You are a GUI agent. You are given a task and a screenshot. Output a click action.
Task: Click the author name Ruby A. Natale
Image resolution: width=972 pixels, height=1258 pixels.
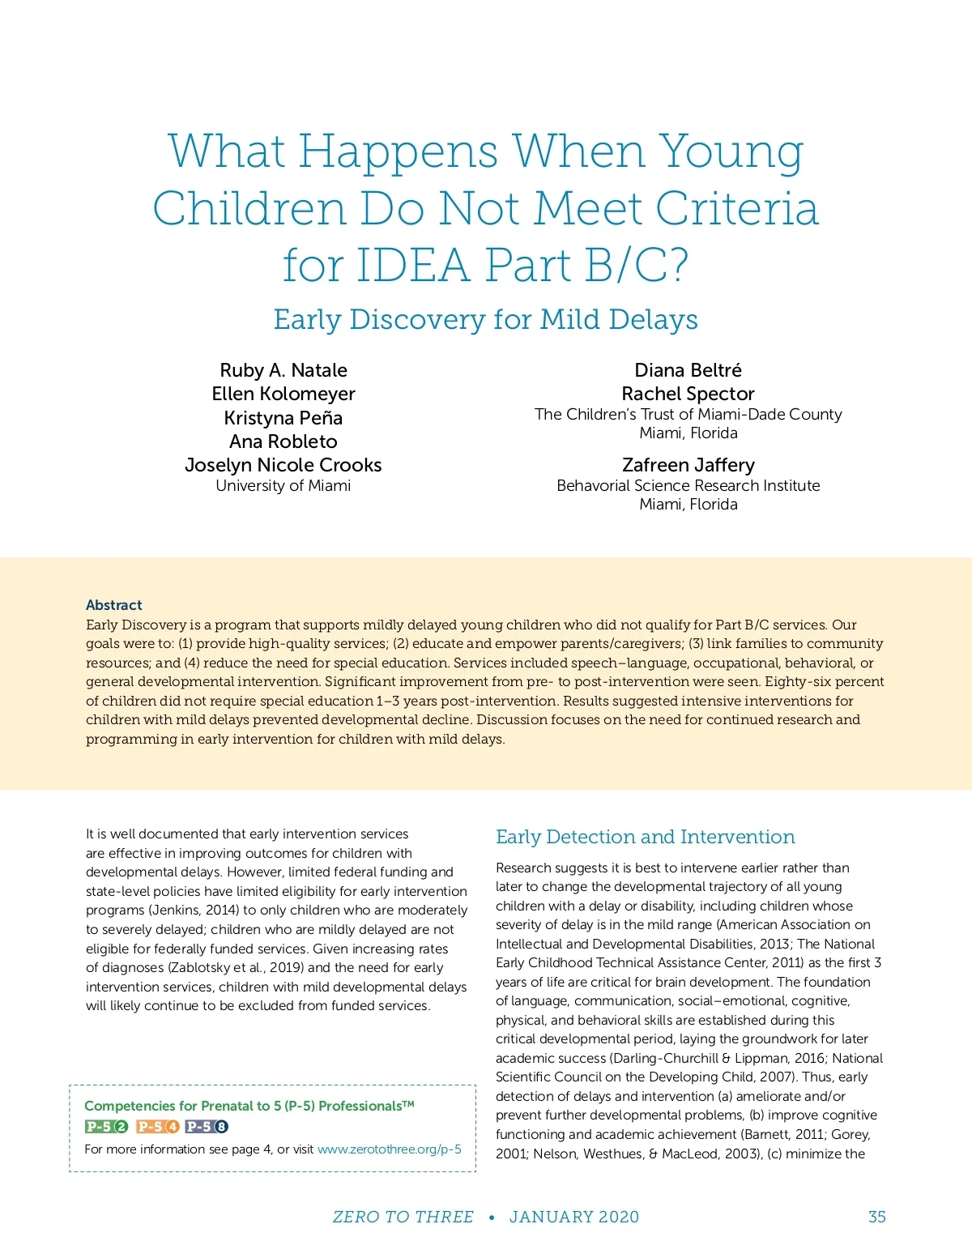[283, 370]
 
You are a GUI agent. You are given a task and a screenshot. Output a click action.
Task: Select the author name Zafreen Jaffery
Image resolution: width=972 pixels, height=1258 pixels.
[688, 465]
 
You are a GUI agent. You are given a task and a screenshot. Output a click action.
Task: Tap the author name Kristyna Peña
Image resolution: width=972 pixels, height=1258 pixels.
[283, 418]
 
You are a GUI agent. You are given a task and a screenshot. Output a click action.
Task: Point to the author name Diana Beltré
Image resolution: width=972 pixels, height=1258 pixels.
[688, 370]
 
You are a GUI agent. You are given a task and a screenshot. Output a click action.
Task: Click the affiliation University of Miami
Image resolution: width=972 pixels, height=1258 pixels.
[283, 486]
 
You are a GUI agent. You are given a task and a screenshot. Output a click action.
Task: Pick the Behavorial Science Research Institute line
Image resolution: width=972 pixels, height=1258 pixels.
[688, 486]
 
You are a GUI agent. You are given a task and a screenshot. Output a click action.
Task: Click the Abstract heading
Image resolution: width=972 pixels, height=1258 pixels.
[114, 605]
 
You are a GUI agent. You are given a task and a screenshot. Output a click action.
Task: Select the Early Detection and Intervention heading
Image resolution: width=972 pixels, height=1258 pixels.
[645, 837]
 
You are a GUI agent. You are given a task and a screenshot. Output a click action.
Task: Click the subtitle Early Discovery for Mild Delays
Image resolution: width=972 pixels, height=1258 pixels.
[485, 320]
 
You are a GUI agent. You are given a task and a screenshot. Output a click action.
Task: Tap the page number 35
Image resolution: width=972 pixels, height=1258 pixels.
[876, 1217]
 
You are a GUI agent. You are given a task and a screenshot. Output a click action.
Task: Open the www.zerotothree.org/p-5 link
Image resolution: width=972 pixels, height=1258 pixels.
[389, 1149]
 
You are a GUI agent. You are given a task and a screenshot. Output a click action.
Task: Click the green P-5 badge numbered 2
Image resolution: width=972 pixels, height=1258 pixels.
[107, 1127]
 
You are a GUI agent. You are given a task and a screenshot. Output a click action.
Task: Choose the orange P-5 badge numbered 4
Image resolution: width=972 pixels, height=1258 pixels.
[158, 1127]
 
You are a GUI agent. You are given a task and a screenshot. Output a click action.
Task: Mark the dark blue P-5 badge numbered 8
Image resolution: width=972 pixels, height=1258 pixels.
[207, 1127]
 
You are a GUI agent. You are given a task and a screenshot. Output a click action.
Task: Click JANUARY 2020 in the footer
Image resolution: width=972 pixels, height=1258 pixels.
[573, 1217]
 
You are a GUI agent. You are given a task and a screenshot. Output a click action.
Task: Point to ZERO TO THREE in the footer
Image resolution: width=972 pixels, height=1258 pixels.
[403, 1217]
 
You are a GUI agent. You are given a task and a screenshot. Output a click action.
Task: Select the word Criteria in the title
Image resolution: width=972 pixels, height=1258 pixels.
[736, 209]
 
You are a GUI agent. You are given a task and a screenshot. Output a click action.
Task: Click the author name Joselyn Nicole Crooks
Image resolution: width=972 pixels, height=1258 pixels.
[283, 465]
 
